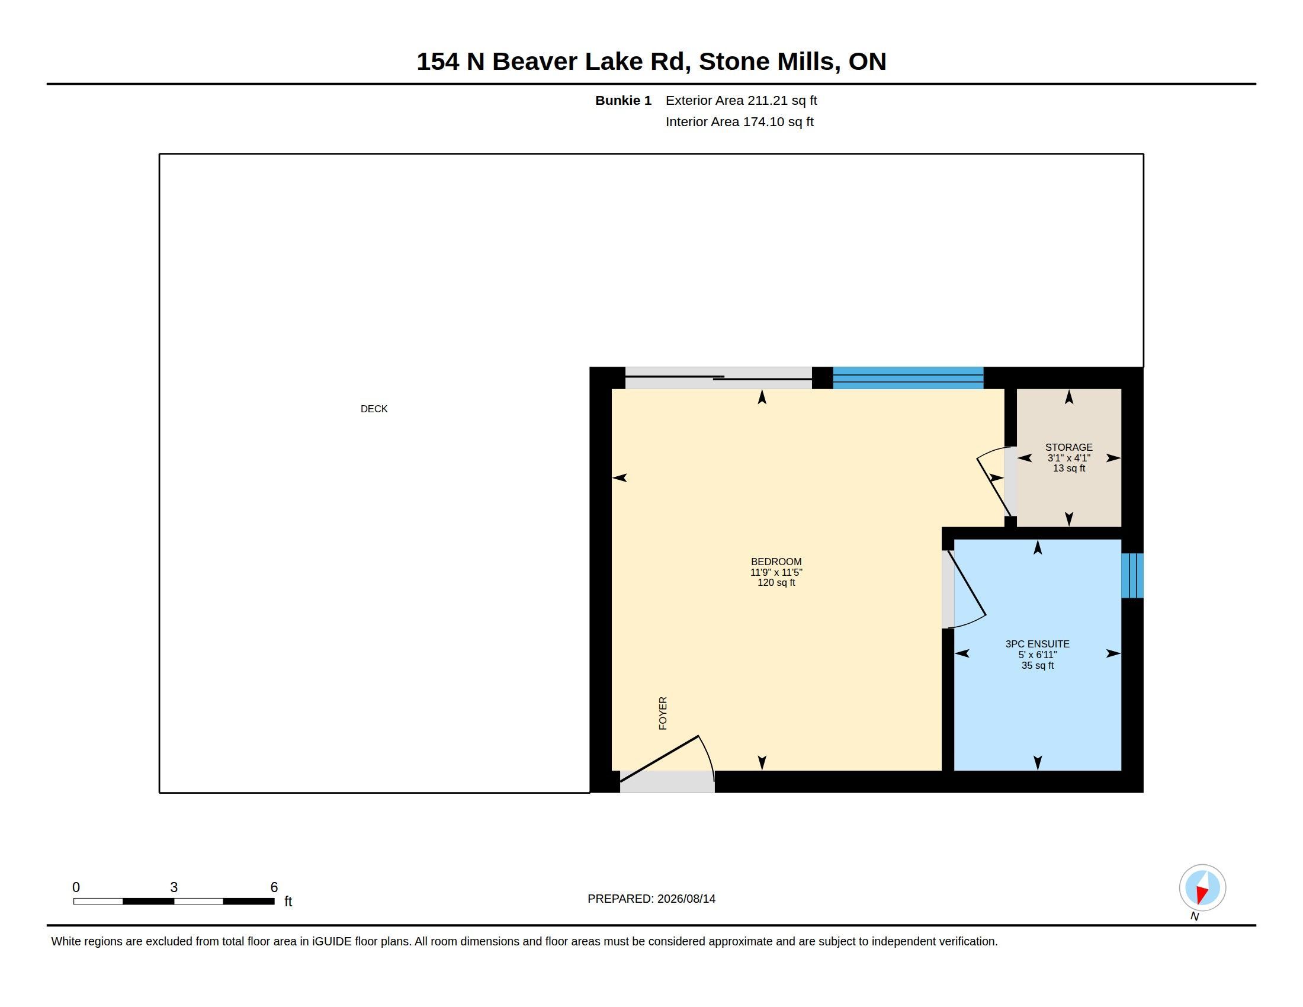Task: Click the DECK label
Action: click(374, 409)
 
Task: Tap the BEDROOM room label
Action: click(776, 562)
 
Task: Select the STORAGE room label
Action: click(1068, 447)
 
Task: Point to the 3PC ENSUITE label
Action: click(1038, 644)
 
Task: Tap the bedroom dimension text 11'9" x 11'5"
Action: click(776, 572)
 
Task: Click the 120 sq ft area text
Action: click(776, 582)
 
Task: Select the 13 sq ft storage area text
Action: click(1068, 469)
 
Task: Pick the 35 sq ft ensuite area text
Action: click(1038, 665)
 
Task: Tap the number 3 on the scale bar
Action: click(174, 887)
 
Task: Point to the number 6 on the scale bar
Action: click(274, 887)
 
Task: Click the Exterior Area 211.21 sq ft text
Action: click(741, 100)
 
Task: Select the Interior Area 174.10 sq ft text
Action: click(739, 121)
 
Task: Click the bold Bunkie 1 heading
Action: click(623, 100)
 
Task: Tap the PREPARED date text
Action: click(651, 899)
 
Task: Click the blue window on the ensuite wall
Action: click(1132, 576)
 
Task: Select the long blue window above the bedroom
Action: click(908, 379)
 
